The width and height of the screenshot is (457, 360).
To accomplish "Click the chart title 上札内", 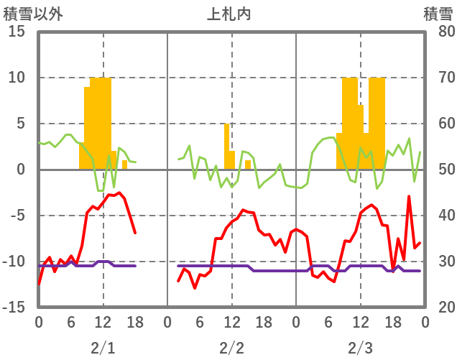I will click(229, 13).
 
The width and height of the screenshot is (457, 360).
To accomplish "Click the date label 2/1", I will click(103, 348).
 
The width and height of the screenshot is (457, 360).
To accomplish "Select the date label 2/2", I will click(231, 348).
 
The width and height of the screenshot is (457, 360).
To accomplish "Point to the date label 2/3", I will click(360, 348).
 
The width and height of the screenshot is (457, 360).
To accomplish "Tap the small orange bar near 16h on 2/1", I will click(124, 165).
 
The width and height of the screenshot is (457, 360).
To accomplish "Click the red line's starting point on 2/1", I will click(39, 284).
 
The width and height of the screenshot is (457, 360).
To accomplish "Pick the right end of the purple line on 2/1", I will click(135, 266).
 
